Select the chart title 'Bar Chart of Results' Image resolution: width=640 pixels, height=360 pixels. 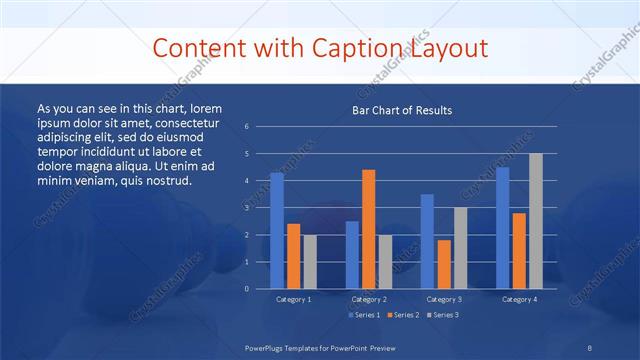coord(402,110)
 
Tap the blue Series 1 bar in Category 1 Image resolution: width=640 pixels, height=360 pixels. coord(277,231)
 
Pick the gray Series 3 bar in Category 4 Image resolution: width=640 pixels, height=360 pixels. coord(535,221)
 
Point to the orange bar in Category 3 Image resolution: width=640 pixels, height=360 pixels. coord(443,264)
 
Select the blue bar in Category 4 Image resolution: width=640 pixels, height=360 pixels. coord(502,228)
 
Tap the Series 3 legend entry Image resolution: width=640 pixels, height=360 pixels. coord(444,315)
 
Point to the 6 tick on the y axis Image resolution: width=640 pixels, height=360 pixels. coord(246,127)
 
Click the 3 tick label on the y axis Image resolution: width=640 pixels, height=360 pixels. coord(246,208)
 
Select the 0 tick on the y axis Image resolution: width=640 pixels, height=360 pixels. coord(246,289)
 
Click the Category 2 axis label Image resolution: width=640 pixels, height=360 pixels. coord(368,299)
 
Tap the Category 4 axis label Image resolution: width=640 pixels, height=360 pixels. coord(518,299)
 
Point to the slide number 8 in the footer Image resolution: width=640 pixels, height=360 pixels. coord(590,346)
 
